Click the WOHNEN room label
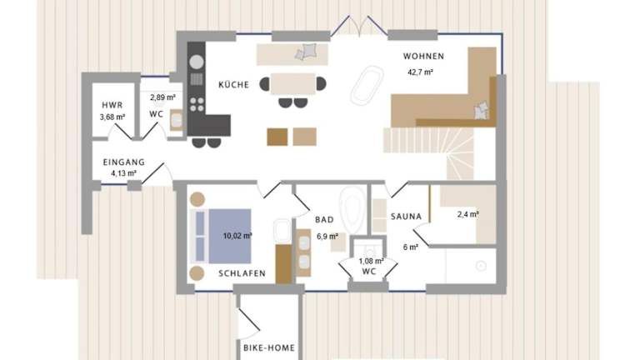coord(423,57)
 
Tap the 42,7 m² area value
coord(420,72)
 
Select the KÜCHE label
coord(233,84)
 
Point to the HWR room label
coord(112,105)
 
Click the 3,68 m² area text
coord(112,117)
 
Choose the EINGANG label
coord(123,162)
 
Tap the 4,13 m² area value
coord(123,173)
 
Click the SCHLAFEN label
coord(242,273)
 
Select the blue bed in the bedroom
coord(230,237)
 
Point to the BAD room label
coord(324,220)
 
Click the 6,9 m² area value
coord(327,237)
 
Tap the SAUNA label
coord(406,217)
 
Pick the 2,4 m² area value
coord(468,214)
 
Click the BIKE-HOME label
coord(269,348)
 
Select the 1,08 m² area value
coord(371,261)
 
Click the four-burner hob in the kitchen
coord(197,104)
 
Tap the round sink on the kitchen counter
coord(197,62)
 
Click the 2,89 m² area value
coord(162,97)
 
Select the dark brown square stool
coord(277,137)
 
